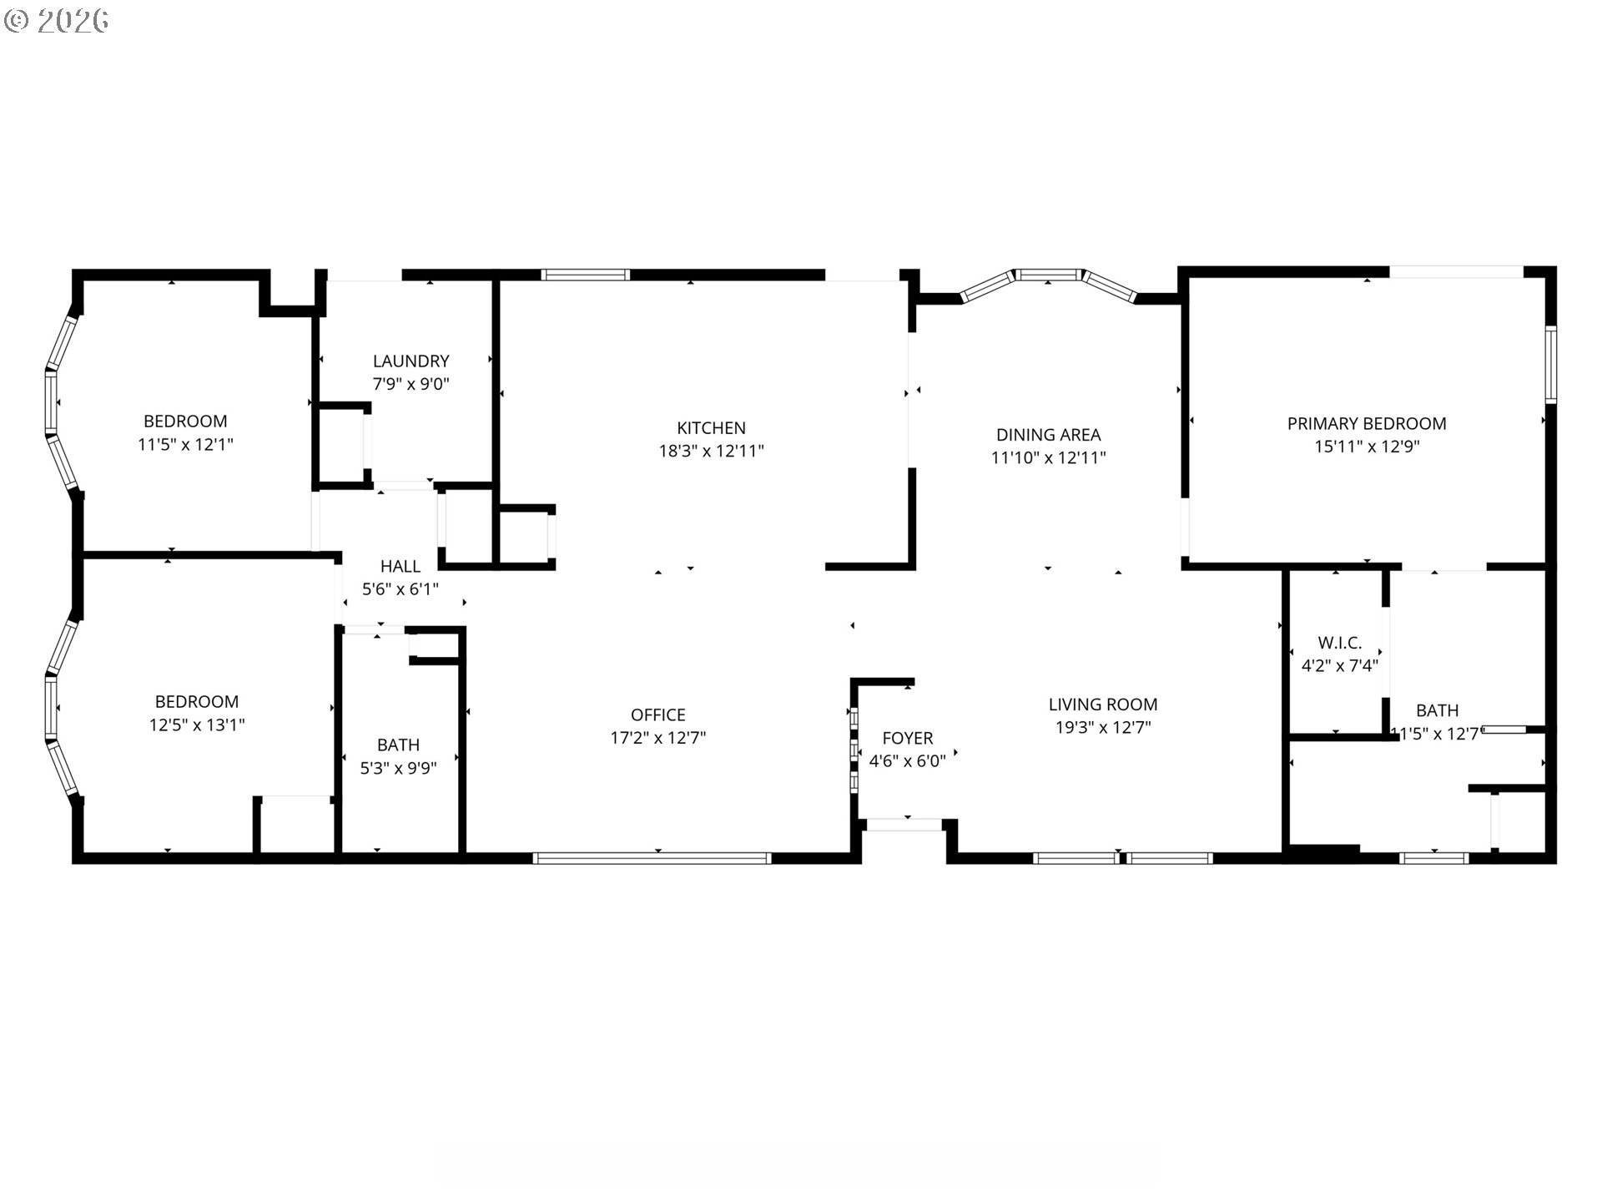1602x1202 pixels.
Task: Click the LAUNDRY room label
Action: pos(411,361)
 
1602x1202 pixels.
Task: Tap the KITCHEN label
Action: pos(711,428)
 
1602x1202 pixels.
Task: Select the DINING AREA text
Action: pos(1048,435)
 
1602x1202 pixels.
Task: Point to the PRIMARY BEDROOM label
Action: pos(1366,424)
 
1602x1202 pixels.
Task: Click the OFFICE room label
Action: pos(657,715)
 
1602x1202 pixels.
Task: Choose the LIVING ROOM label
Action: pos(1102,705)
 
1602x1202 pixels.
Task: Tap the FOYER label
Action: pos(907,739)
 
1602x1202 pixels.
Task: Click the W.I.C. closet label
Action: pos(1339,644)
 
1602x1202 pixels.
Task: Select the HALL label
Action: pos(400,567)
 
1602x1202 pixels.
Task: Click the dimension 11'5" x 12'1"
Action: pos(185,445)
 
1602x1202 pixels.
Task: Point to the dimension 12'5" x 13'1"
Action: pos(197,725)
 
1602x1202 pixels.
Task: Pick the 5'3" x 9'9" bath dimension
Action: pos(398,769)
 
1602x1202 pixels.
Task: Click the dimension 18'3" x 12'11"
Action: pos(711,452)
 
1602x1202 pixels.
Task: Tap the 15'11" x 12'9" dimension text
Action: pos(1366,447)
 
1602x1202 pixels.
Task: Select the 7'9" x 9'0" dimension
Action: pos(411,385)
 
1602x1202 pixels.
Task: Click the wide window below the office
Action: pos(652,857)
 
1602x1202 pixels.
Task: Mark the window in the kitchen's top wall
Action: pos(585,275)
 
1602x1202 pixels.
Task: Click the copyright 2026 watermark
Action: pos(56,21)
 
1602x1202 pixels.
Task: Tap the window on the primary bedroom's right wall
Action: pos(1550,365)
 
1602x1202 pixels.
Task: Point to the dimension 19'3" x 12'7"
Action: pos(1102,728)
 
